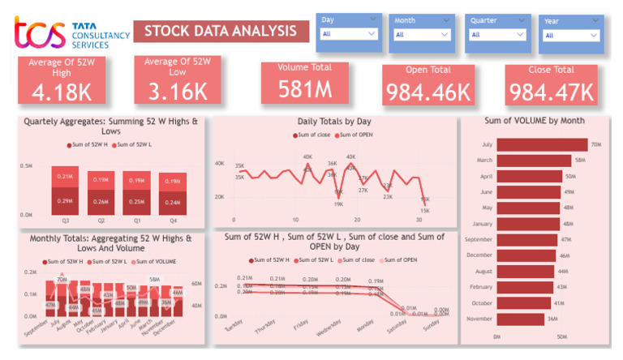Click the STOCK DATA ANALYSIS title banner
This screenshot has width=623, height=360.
[x=221, y=32]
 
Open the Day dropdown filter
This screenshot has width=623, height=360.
[x=350, y=34]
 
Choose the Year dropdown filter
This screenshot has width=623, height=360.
[x=571, y=35]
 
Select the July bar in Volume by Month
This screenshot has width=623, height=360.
[x=541, y=144]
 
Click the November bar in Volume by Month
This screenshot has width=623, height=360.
[x=519, y=319]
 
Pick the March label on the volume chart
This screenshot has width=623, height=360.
[x=483, y=161]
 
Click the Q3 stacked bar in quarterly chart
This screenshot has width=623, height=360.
[x=66, y=191]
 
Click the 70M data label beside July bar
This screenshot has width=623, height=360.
[x=595, y=145]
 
